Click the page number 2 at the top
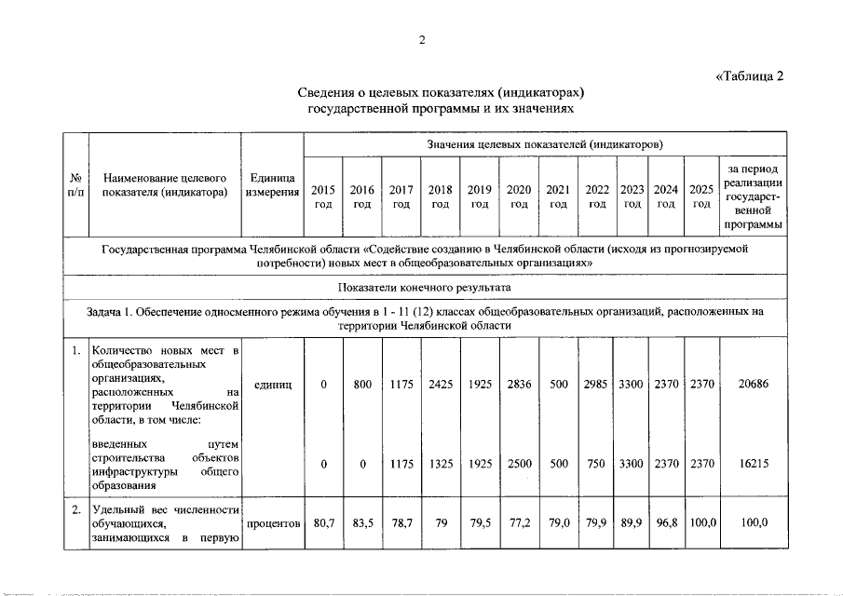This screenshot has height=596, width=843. pyautogui.click(x=422, y=39)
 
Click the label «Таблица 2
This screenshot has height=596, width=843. pyautogui.click(x=750, y=76)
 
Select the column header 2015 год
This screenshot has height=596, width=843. pyautogui.click(x=323, y=196)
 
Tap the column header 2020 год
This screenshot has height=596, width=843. pyautogui.click(x=519, y=196)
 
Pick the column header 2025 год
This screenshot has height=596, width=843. pyautogui.click(x=701, y=196)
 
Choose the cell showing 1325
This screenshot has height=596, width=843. pyautogui.click(x=441, y=464)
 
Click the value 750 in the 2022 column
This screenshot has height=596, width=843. pyautogui.click(x=596, y=464)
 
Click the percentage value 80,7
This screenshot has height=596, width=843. pyautogui.click(x=323, y=523)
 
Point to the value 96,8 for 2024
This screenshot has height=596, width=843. pyautogui.click(x=665, y=523)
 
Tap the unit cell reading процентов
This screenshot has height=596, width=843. pyautogui.click(x=272, y=523)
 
